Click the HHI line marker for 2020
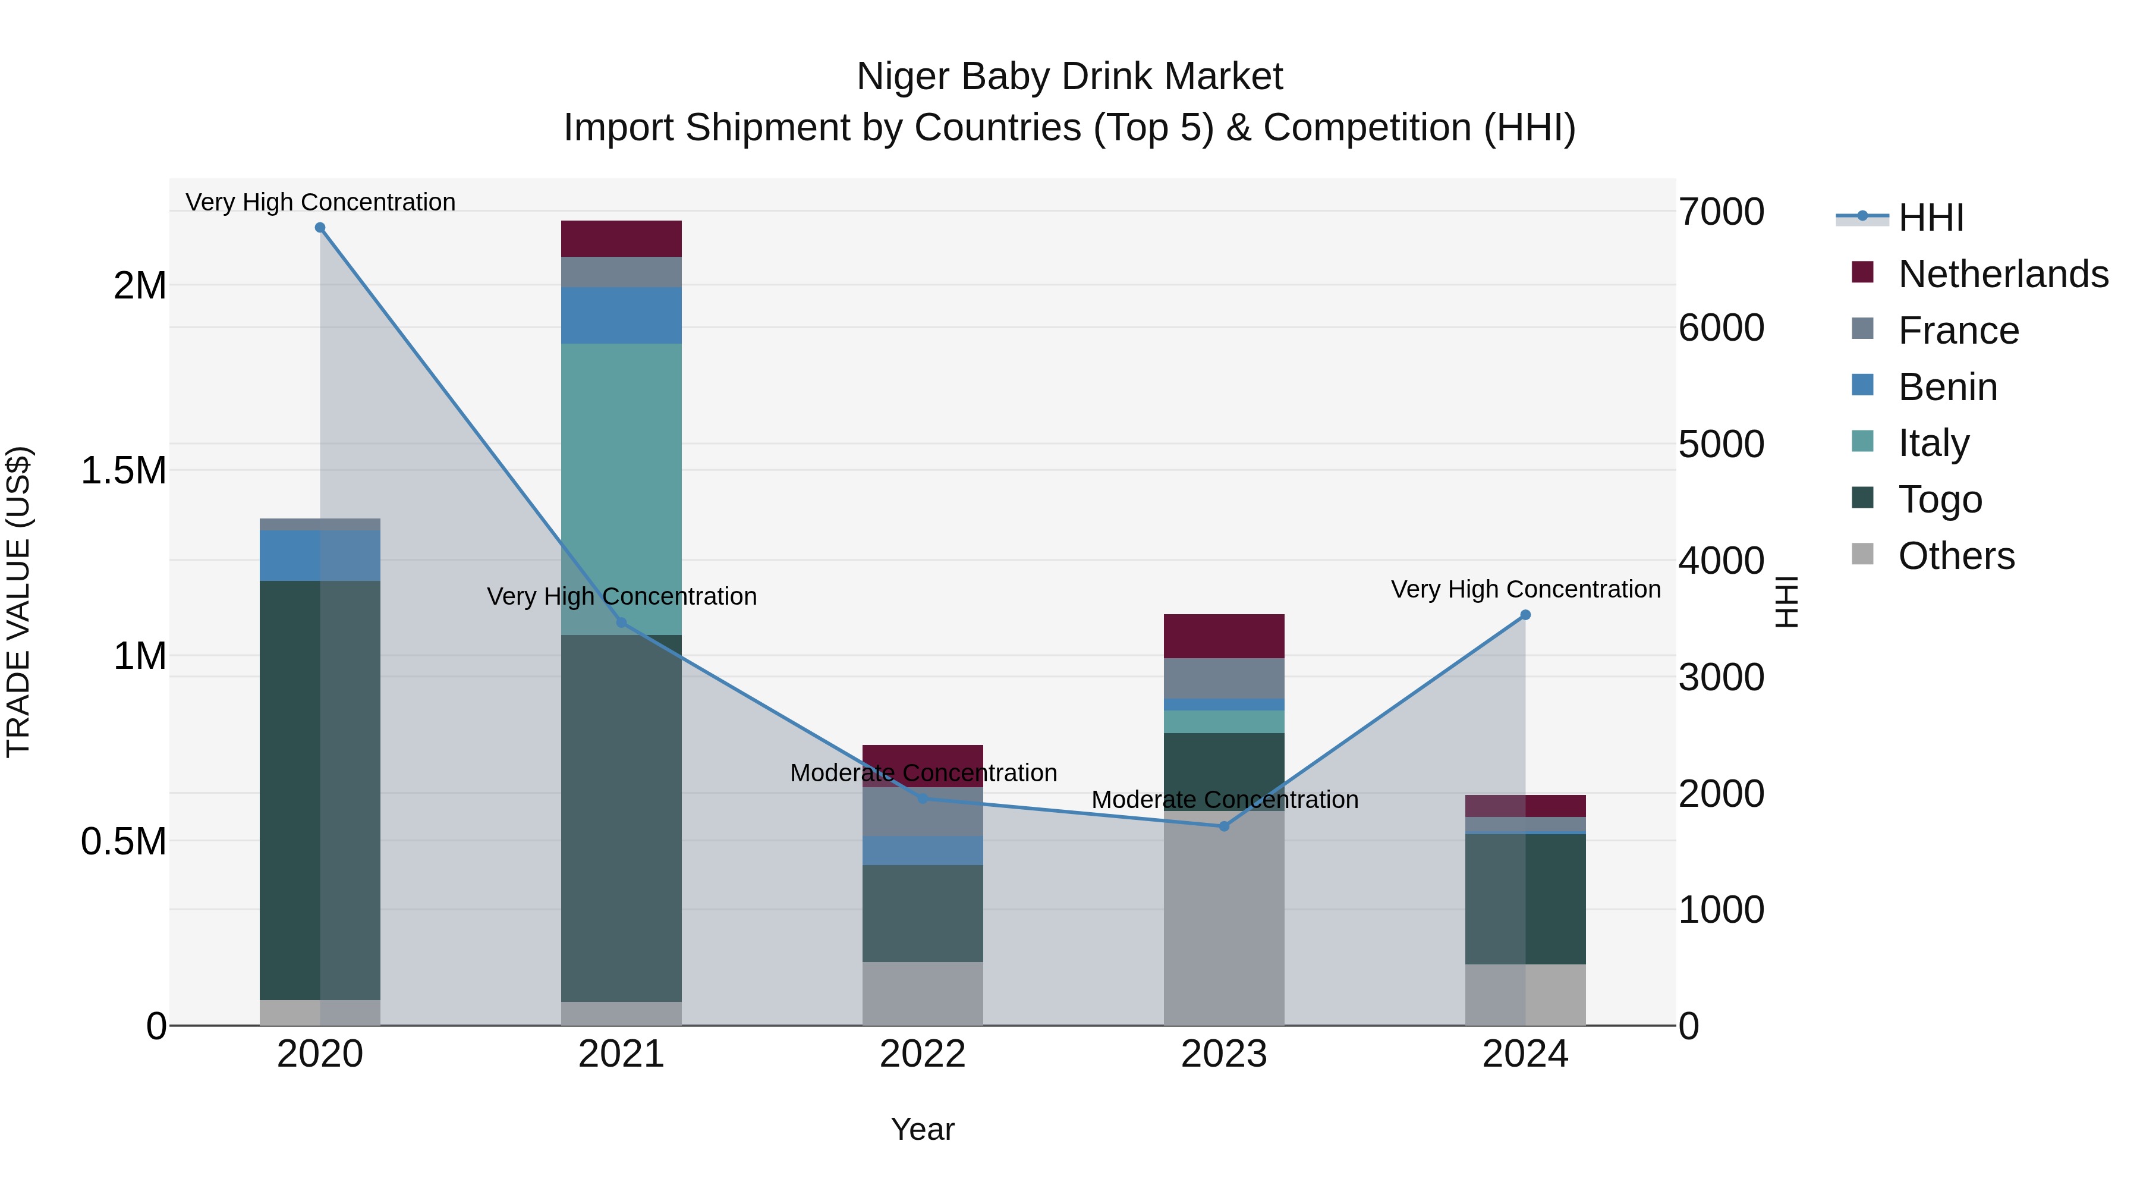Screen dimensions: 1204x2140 [320, 228]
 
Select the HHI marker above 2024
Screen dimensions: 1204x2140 [1525, 615]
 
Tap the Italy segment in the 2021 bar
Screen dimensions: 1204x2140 [621, 466]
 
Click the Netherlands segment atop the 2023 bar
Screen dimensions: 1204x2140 [1224, 636]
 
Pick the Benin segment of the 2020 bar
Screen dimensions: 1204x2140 [320, 555]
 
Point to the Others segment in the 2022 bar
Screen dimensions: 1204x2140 [922, 994]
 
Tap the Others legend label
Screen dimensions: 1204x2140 [1956, 556]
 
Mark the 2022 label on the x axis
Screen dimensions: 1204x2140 [922, 1054]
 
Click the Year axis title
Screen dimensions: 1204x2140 [922, 1129]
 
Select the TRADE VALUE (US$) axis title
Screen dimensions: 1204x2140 [18, 602]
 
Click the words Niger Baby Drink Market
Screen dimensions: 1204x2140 [1069, 77]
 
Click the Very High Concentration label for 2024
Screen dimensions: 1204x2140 [1525, 589]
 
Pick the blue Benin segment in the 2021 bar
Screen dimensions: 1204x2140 [621, 316]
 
